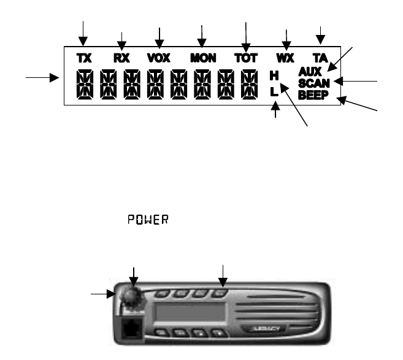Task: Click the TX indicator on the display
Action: [x=83, y=59]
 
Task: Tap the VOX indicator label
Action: [x=160, y=59]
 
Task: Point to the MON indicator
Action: [x=203, y=59]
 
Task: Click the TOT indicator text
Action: [x=247, y=59]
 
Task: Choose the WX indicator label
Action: [x=285, y=59]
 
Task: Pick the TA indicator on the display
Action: [x=321, y=59]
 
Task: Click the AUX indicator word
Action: [x=312, y=72]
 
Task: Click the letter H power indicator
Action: [x=274, y=77]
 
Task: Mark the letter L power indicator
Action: [x=274, y=91]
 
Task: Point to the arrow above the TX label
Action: [x=83, y=32]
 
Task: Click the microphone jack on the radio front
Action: [x=129, y=329]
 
